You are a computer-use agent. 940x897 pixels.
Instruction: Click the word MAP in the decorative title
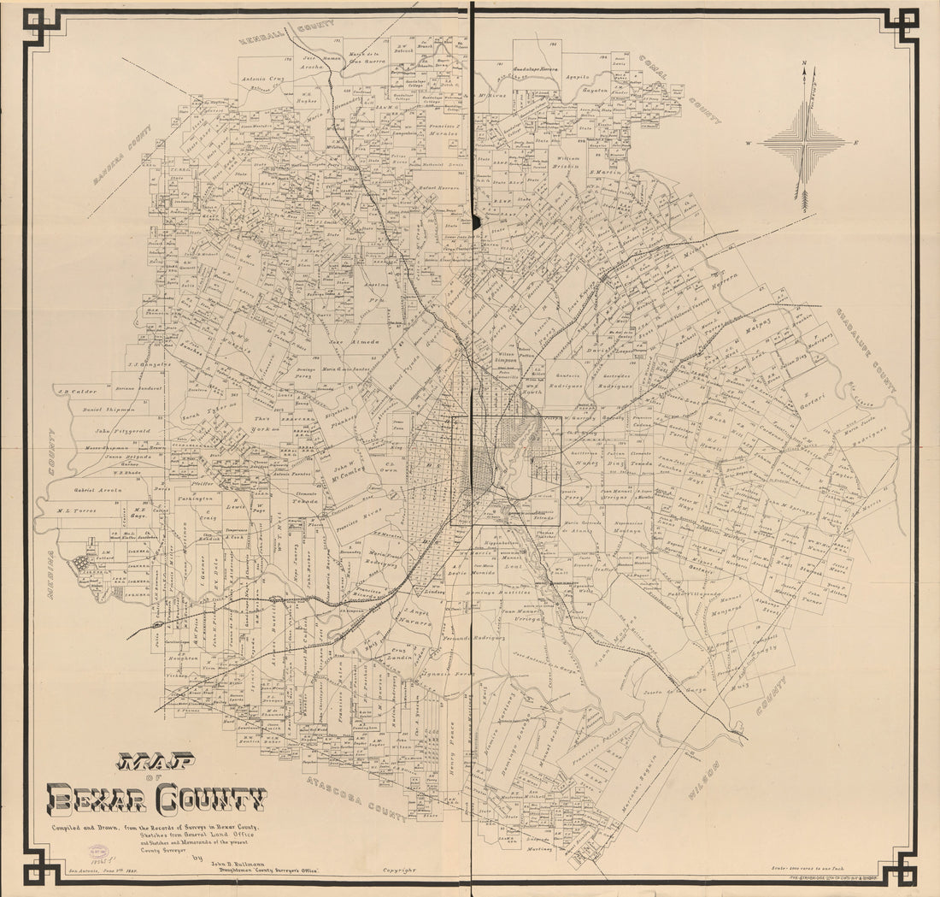pos(156,760)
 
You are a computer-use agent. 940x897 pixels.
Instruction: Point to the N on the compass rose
pos(803,63)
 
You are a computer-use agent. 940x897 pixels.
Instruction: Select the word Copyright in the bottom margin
pos(399,870)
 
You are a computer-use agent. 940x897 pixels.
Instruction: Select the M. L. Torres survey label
pos(77,510)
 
